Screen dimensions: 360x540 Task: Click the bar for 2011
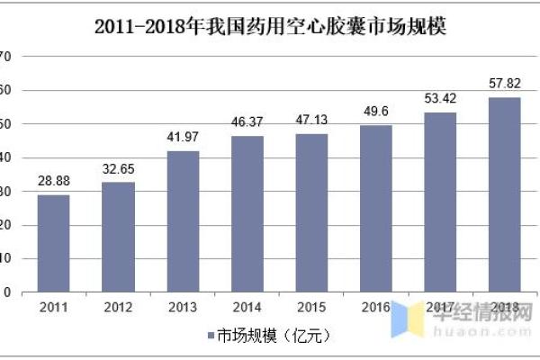pyautogui.click(x=53, y=243)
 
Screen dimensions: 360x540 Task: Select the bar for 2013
pyautogui.click(x=183, y=221)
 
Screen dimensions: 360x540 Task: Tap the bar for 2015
pyautogui.click(x=311, y=212)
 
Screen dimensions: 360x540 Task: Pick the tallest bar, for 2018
pyautogui.click(x=504, y=194)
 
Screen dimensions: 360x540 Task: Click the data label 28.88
pyautogui.click(x=53, y=182)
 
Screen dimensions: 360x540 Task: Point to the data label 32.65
pyautogui.click(x=118, y=169)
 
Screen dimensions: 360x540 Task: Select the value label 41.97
pyautogui.click(x=183, y=138)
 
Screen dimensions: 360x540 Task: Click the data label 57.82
pyautogui.click(x=504, y=84)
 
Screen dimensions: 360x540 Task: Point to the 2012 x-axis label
pyautogui.click(x=118, y=308)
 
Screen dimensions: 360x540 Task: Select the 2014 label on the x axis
pyautogui.click(x=247, y=308)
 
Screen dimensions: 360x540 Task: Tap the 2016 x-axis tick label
pyautogui.click(x=376, y=308)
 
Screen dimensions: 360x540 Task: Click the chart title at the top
pyautogui.click(x=271, y=26)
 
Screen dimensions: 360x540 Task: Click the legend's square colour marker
pyautogui.click(x=209, y=336)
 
